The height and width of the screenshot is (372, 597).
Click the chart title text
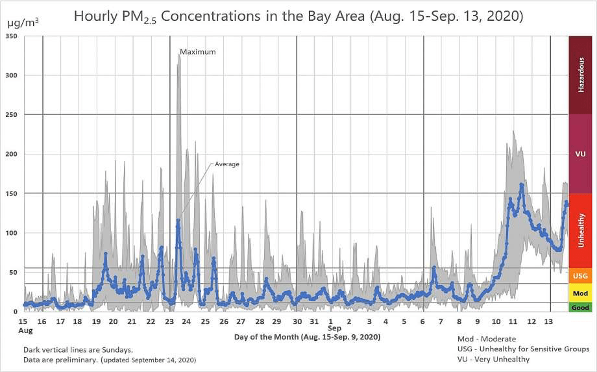click(298, 16)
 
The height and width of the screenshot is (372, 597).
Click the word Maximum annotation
click(197, 52)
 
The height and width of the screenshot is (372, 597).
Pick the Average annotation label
click(227, 164)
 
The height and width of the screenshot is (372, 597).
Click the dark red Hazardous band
click(581, 75)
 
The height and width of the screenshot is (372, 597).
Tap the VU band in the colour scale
click(581, 154)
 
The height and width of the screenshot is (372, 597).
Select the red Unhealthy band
click(581, 230)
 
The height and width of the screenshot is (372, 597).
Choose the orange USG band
click(581, 276)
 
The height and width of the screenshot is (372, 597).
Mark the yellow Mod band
click(581, 293)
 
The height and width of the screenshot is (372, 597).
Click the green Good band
click(581, 307)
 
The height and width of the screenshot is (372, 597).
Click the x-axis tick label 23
click(169, 321)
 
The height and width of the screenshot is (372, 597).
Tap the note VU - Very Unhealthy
click(494, 359)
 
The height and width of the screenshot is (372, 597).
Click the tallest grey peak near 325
click(179, 56)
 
